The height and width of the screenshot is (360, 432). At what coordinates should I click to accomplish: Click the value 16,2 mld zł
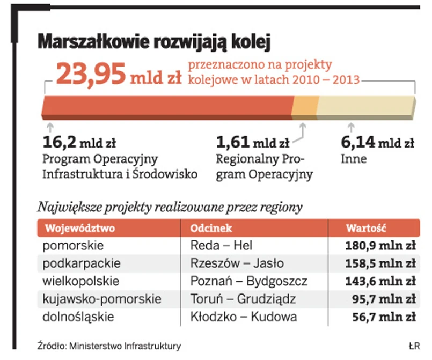[x=79, y=143]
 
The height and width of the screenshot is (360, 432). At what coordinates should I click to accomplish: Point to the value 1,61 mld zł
[x=252, y=143]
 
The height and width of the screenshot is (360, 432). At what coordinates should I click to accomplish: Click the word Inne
[x=354, y=159]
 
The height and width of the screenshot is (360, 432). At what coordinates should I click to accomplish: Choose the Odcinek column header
[x=211, y=227]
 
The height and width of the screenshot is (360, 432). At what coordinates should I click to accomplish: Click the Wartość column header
[x=366, y=227]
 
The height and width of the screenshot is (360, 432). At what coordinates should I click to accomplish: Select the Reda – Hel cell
[x=221, y=246]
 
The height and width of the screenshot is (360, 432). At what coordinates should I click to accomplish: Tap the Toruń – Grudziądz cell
[x=243, y=299]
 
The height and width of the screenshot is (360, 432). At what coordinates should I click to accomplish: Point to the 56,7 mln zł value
[x=384, y=317]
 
